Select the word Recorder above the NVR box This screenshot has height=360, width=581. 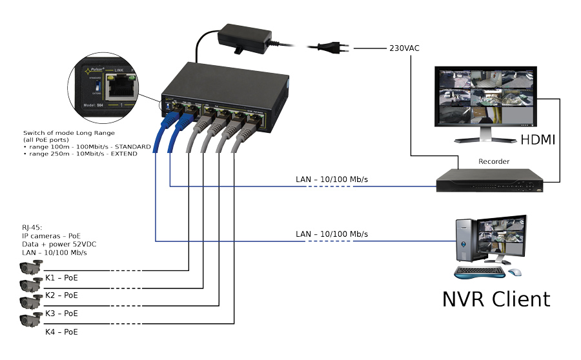[x=494, y=161]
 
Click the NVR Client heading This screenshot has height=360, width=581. [x=496, y=299]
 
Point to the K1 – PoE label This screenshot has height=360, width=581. [x=61, y=277]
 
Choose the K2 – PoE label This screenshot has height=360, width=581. [x=61, y=295]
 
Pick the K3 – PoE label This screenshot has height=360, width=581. [x=61, y=313]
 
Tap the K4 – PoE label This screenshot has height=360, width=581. [x=61, y=332]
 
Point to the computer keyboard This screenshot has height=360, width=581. [x=480, y=272]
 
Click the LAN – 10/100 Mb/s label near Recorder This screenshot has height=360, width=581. [x=336, y=177]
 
